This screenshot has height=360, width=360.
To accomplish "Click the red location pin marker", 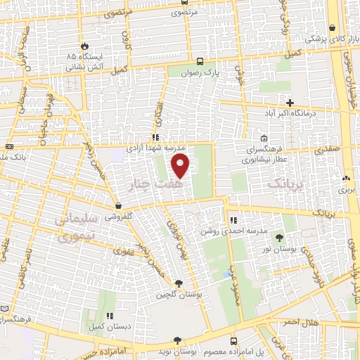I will (x=181, y=166).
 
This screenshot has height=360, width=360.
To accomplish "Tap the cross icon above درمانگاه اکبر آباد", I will (x=290, y=103).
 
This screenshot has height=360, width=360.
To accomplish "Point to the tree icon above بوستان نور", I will (x=280, y=238).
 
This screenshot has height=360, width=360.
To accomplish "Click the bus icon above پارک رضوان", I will (x=200, y=61).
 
